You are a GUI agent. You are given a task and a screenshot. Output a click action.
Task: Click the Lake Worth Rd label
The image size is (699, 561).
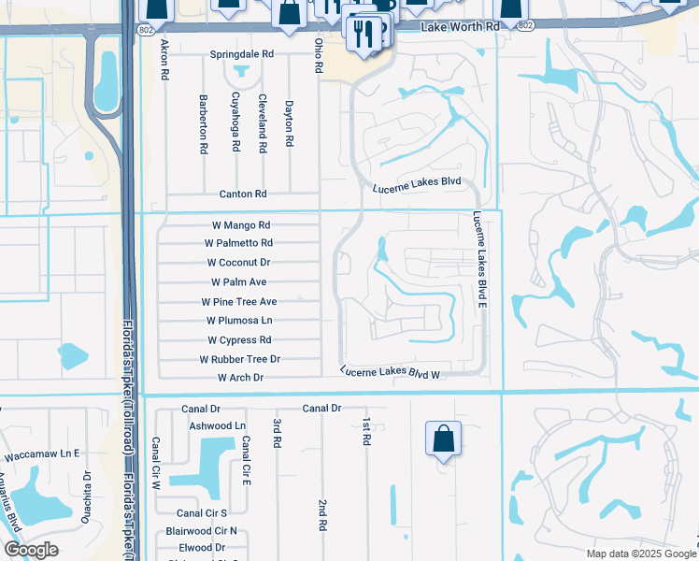pyautogui.click(x=461, y=27)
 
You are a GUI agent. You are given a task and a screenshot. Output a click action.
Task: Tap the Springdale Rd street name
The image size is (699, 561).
pyautogui.click(x=241, y=55)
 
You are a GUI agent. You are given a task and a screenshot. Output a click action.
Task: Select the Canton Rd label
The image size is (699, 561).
pyautogui.click(x=243, y=194)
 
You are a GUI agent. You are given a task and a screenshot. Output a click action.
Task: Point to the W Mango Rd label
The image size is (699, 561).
pyautogui.click(x=239, y=225)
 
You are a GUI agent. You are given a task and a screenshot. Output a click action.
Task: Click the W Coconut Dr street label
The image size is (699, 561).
pyautogui.click(x=238, y=263)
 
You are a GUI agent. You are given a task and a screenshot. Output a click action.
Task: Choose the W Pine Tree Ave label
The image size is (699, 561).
pyautogui.click(x=239, y=302)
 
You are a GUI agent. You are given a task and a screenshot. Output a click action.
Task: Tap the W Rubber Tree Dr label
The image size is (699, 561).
pyautogui.click(x=239, y=359)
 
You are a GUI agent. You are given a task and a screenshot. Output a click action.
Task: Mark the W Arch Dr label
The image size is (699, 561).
pyautogui.click(x=240, y=378)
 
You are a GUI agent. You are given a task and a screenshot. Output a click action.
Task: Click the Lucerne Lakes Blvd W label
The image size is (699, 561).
pyautogui.click(x=390, y=372)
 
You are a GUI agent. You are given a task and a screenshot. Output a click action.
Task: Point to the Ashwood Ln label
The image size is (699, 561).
pyautogui.click(x=217, y=425)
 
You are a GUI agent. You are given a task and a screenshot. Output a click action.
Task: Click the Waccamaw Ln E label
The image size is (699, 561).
pyautogui.click(x=41, y=453)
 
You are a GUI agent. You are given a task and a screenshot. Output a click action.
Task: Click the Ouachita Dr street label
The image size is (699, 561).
pyautogui.click(x=86, y=496)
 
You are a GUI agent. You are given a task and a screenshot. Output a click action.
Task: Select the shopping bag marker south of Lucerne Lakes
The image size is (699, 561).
pyautogui.click(x=443, y=439)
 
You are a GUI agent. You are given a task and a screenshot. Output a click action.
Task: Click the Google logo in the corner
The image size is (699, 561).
pyautogui.click(x=31, y=550)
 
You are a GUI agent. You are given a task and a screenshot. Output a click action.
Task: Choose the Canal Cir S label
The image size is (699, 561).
pyautogui.click(x=202, y=513)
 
